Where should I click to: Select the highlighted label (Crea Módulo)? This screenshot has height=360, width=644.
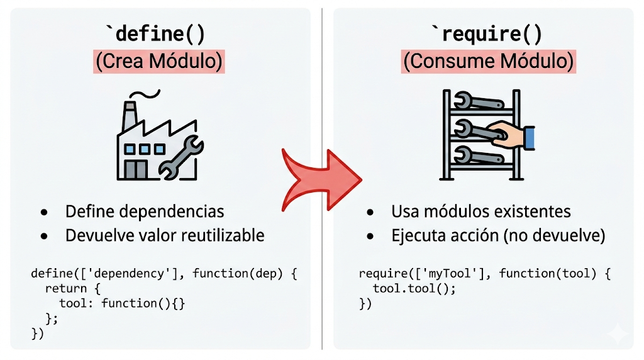(158, 62)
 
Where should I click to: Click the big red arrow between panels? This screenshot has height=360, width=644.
(321, 179)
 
